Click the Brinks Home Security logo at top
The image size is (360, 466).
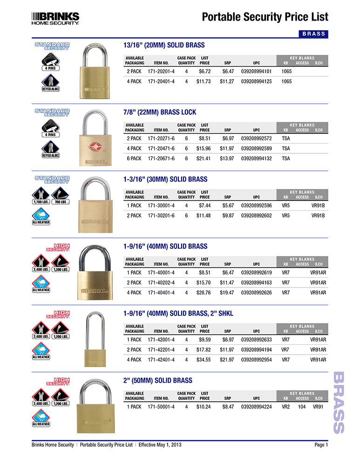click(x=55, y=18)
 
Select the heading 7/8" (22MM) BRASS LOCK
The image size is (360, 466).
click(x=160, y=112)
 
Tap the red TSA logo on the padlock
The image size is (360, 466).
click(x=95, y=143)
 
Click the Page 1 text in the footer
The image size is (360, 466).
click(x=321, y=445)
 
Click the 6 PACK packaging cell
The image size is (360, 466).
click(x=134, y=158)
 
